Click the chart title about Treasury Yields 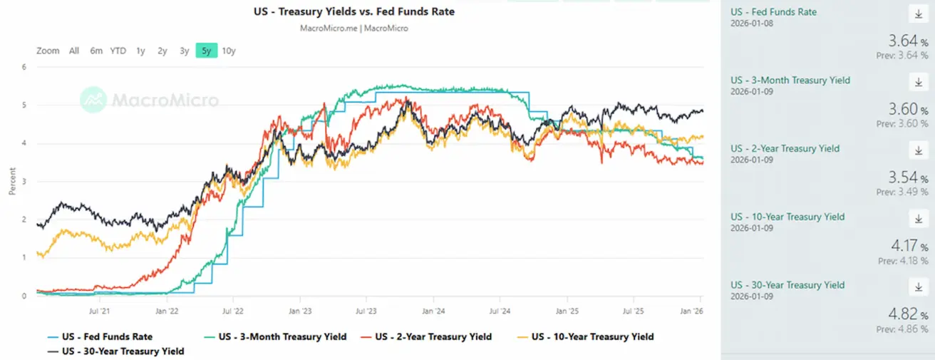click(x=353, y=11)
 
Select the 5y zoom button click(x=206, y=51)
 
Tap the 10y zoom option click(x=229, y=51)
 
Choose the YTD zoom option click(x=118, y=51)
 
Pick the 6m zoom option click(x=96, y=51)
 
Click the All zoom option click(x=74, y=51)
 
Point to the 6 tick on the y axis click(x=24, y=67)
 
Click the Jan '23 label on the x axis click(x=299, y=311)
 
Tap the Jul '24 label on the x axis click(x=500, y=311)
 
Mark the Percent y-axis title click(x=12, y=181)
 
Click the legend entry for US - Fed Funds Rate click(x=107, y=336)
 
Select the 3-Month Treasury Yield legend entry click(x=282, y=336)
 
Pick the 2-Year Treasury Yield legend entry click(x=433, y=336)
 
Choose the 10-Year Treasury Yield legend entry click(x=592, y=336)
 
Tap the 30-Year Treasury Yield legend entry click(x=123, y=351)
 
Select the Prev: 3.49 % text click(x=902, y=192)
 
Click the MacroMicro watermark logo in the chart click(x=149, y=100)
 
